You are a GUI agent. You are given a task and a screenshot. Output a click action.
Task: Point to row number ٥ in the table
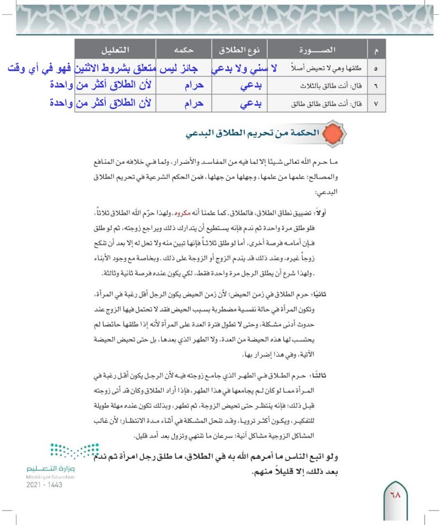point(376,70)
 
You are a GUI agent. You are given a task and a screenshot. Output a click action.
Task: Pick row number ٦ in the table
point(376,87)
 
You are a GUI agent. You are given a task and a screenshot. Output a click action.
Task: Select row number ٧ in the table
point(376,103)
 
